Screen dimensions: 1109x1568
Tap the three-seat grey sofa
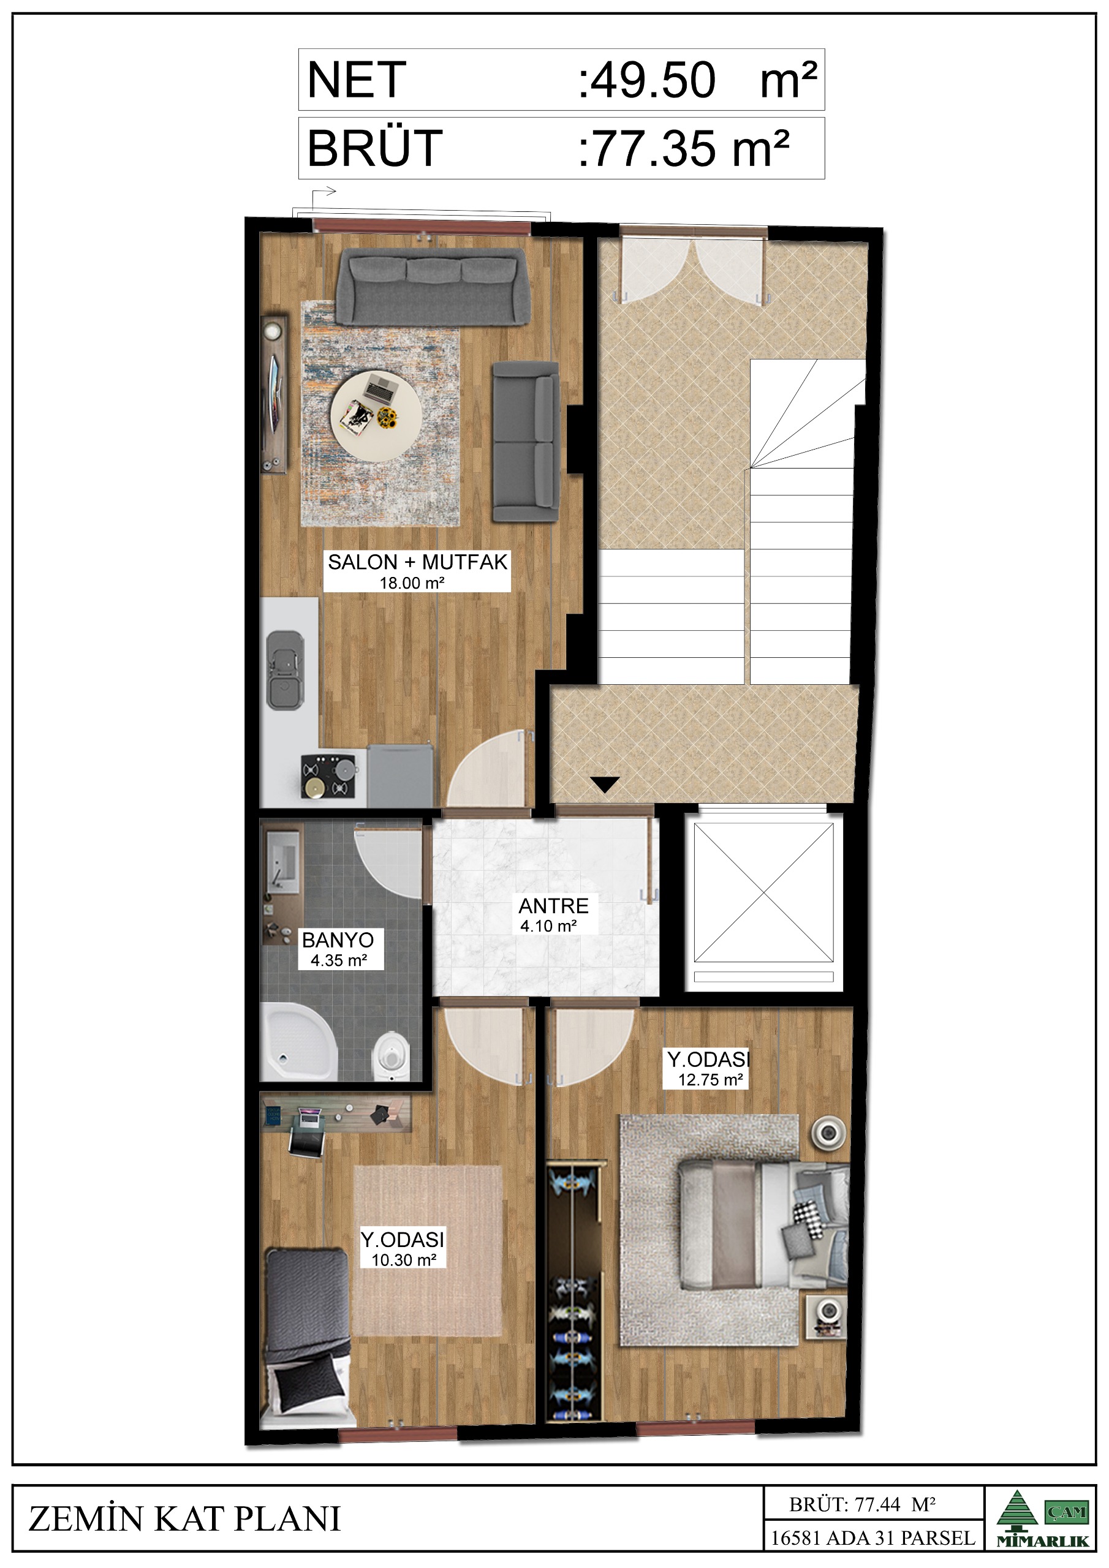click(433, 287)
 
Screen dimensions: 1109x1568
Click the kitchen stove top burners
click(328, 777)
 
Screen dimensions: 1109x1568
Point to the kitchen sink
click(286, 671)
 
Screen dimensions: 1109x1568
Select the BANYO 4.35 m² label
click(338, 949)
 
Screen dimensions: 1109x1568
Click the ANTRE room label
click(553, 907)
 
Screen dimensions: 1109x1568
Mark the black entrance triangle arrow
click(604, 785)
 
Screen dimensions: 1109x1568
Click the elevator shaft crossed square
click(763, 892)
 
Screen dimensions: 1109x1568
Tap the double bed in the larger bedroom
click(764, 1227)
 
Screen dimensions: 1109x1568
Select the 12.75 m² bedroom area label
click(710, 1080)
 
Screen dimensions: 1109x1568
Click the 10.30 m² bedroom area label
click(404, 1260)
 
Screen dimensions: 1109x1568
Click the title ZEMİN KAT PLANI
click(184, 1520)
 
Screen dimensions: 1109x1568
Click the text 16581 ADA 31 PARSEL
click(872, 1538)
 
